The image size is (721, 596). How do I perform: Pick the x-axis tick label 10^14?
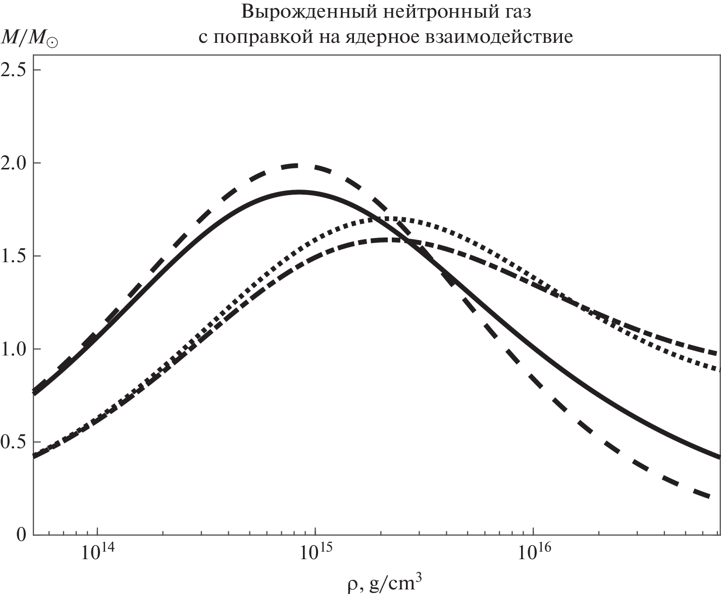pos(97,553)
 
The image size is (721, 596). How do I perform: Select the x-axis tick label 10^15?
pos(316,553)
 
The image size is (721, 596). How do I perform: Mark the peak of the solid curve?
pos(299,192)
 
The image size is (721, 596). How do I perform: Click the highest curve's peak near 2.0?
pos(298,165)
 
